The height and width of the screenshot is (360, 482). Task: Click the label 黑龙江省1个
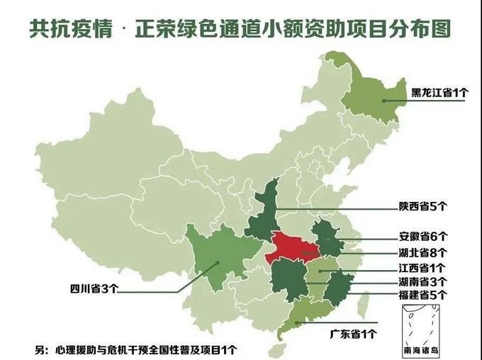(439, 92)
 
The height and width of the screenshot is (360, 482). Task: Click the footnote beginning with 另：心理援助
(135, 349)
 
